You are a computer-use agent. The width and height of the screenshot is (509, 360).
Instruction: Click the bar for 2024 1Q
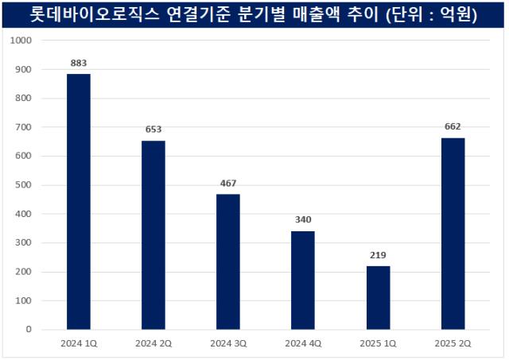pyautogui.click(x=78, y=201)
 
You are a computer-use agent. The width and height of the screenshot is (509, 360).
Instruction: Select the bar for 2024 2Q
pyautogui.click(x=153, y=234)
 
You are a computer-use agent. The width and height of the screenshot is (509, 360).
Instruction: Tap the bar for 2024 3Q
pyautogui.click(x=228, y=261)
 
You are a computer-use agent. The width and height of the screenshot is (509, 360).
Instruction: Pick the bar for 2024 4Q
pyautogui.click(x=303, y=280)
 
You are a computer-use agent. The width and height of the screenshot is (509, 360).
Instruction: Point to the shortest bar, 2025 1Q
pyautogui.click(x=379, y=297)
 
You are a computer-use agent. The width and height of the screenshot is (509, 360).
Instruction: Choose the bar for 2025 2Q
pyautogui.click(x=453, y=233)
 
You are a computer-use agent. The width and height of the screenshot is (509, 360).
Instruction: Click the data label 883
pyautogui.click(x=78, y=61)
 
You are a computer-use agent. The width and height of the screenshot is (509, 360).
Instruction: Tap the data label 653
pyautogui.click(x=153, y=129)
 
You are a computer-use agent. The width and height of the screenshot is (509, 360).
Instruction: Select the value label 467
pyautogui.click(x=228, y=183)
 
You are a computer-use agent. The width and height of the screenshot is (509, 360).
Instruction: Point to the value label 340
pyautogui.click(x=303, y=219)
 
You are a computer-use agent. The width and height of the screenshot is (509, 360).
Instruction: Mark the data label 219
pyautogui.click(x=379, y=254)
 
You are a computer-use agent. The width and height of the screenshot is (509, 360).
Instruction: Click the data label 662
pyautogui.click(x=453, y=126)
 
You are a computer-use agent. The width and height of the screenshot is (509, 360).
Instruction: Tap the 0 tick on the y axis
pyautogui.click(x=28, y=329)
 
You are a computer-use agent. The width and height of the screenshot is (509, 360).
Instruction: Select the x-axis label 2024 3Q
pyautogui.click(x=228, y=343)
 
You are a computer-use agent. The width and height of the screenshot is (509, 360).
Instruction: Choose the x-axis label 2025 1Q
pyautogui.click(x=379, y=343)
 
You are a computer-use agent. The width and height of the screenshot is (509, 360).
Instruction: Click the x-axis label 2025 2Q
pyautogui.click(x=453, y=343)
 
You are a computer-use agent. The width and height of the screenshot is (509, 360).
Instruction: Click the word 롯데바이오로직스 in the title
pyautogui.click(x=84, y=14)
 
